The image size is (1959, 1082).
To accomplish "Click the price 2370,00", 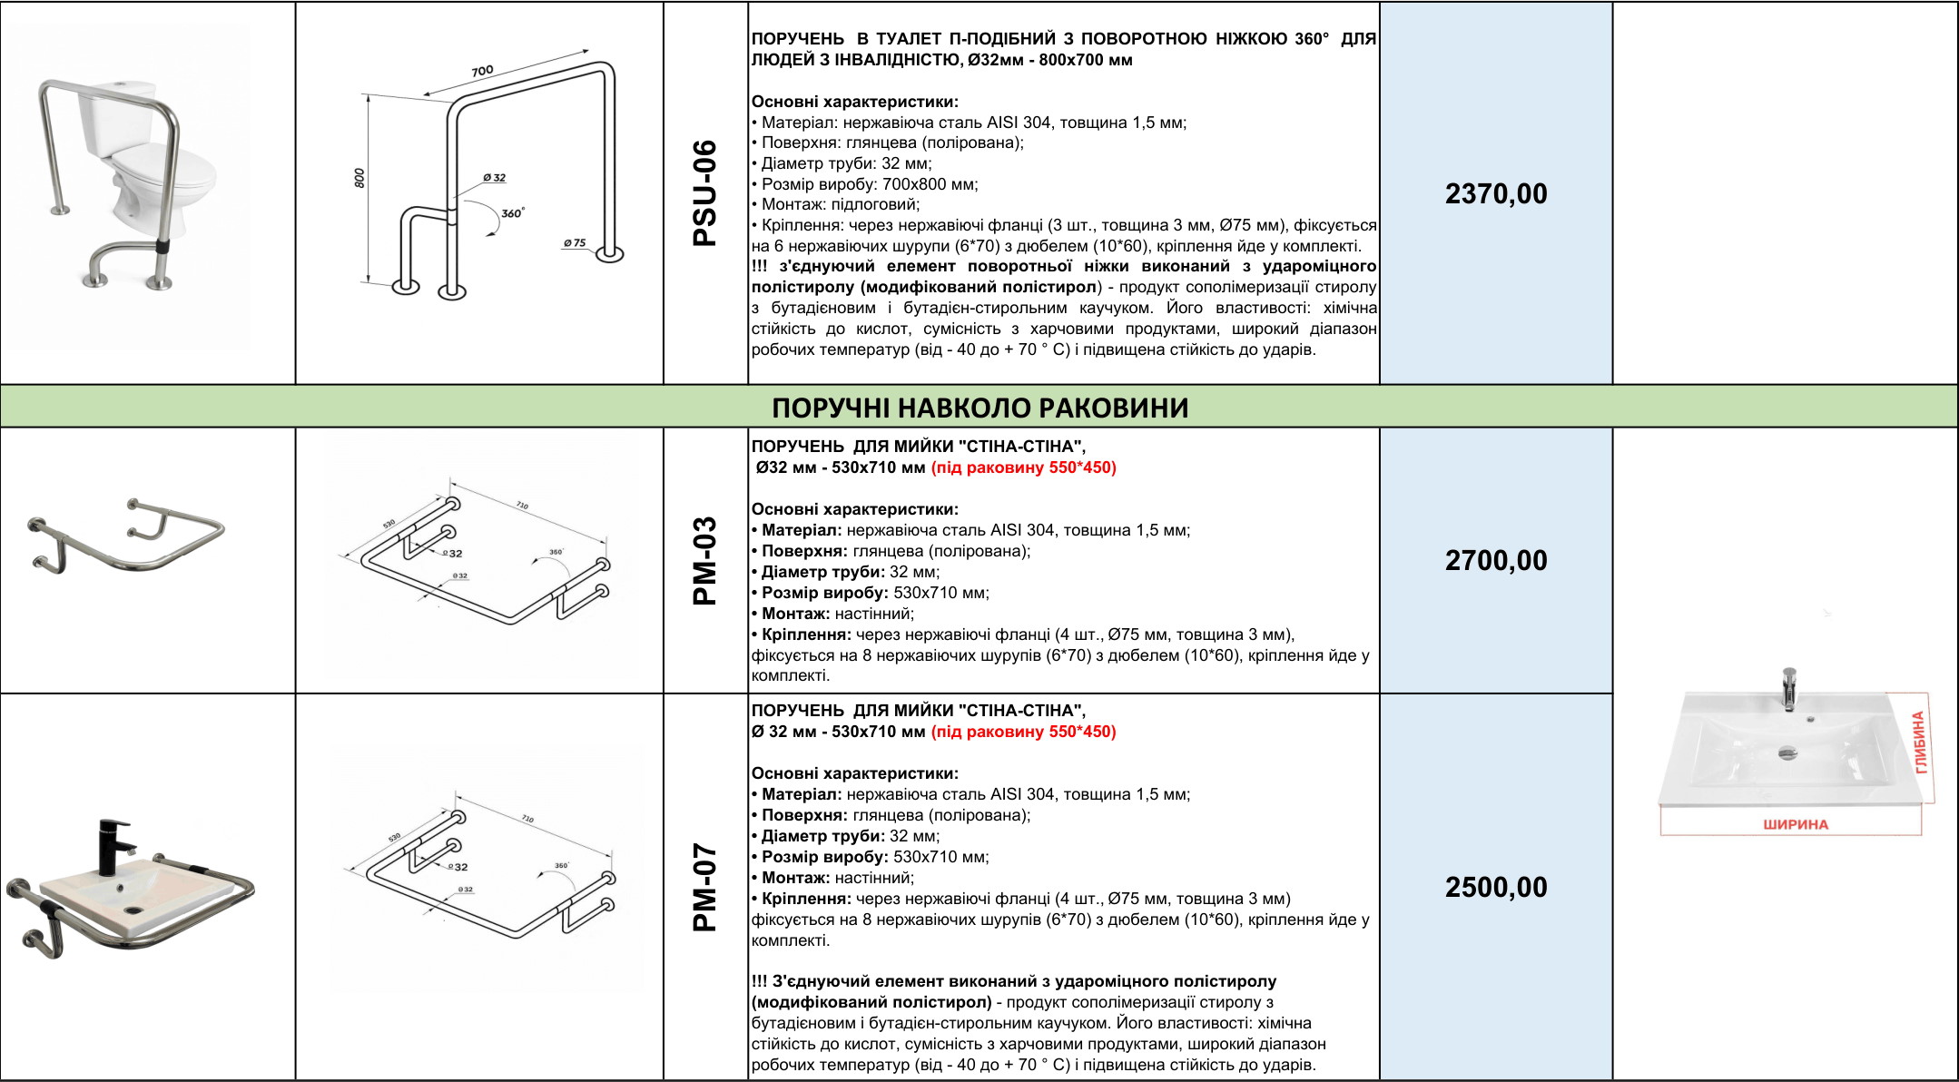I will (x=1496, y=193).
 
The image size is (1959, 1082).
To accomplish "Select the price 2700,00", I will (x=1496, y=560).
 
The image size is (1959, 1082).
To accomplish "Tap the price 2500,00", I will (x=1496, y=887).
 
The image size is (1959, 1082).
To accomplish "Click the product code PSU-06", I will (x=705, y=193).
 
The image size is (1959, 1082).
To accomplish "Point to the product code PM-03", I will (x=705, y=561).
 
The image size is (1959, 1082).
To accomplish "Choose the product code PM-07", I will (x=705, y=887).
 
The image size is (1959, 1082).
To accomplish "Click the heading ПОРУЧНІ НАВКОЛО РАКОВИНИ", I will (x=979, y=408).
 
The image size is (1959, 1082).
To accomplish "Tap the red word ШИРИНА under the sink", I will (x=1795, y=824).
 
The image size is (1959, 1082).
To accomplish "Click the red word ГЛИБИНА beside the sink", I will (x=1919, y=743).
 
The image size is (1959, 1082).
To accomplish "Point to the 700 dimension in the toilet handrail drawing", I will (x=482, y=71).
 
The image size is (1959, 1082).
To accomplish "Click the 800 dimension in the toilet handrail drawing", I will (x=359, y=178).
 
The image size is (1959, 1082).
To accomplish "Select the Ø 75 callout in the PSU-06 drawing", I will (x=574, y=243).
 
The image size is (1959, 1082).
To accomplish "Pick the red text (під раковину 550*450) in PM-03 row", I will (x=1023, y=467).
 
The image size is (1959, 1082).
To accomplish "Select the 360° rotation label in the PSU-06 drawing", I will (x=512, y=213).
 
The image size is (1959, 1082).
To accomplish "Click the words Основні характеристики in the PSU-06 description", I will (x=854, y=102).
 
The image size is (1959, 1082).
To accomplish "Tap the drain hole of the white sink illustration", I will (x=1787, y=751).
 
